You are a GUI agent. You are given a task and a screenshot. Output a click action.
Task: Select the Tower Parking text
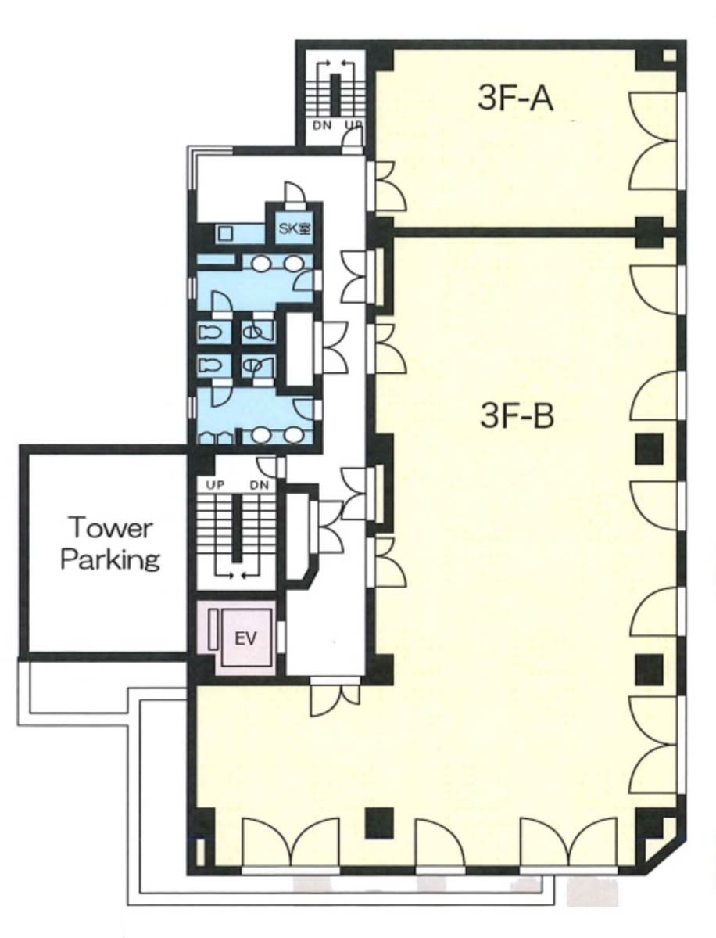pos(110,544)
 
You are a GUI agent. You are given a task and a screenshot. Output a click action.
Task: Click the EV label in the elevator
pos(245,638)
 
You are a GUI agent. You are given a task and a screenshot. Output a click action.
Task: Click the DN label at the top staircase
pos(322,126)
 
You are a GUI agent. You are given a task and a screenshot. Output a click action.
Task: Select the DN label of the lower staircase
pos(260,485)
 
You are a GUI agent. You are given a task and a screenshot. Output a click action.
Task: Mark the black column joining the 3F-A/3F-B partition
pos(649,232)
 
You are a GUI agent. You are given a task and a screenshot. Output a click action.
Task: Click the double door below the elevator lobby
pos(335,698)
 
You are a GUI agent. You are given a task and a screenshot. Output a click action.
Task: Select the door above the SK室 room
pos(294,192)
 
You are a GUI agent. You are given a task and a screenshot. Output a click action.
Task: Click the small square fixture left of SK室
pos(225,232)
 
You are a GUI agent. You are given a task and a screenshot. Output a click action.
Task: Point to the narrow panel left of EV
pos(213,631)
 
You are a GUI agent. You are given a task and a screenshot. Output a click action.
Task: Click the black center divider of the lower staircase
pos(238,528)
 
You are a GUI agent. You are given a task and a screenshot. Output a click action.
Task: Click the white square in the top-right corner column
pos(670,56)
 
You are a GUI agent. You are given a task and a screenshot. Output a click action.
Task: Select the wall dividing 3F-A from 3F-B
pos(514,232)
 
